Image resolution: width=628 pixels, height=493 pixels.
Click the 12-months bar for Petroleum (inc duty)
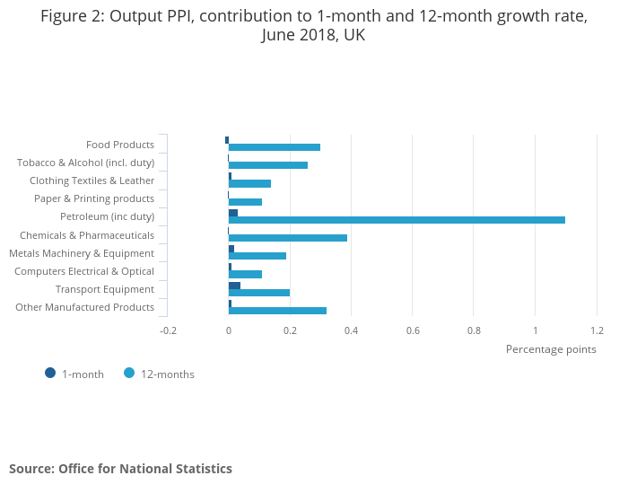pos(397,220)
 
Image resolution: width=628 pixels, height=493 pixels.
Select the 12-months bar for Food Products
pos(275,147)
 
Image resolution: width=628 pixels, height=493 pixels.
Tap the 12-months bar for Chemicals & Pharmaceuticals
pos(288,238)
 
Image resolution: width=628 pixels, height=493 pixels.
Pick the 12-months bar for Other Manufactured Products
pos(277,311)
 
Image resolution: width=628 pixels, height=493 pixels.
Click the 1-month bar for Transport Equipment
pos(234,286)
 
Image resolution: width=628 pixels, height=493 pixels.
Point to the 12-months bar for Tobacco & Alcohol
pos(268,165)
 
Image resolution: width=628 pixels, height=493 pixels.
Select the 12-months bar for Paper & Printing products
pos(245,202)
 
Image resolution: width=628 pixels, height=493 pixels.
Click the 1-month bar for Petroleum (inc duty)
pos(233,213)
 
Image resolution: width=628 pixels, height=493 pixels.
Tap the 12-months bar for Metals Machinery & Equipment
pos(257,256)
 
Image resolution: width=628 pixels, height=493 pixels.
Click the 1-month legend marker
pos(50,373)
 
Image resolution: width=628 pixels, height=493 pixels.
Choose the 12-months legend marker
pos(129,373)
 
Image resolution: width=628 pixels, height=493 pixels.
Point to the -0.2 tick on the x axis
pos(168,330)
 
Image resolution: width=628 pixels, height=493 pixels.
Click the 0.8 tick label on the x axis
pos(474,330)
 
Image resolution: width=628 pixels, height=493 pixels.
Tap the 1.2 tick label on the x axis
pos(597,330)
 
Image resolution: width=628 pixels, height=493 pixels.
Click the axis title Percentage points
pos(551,349)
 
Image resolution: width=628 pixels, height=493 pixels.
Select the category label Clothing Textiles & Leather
pos(92,180)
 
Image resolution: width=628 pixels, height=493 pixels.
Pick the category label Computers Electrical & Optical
pos(84,271)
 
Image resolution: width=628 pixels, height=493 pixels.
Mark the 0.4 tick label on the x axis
pos(351,330)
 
